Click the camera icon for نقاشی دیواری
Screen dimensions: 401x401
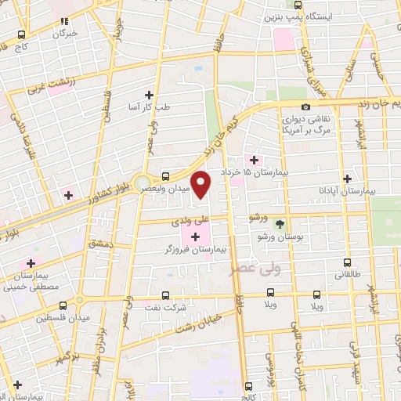click(305, 107)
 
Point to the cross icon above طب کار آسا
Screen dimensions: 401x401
click(149, 95)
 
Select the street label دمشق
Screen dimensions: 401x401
click(100, 244)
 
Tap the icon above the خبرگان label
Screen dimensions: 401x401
click(64, 21)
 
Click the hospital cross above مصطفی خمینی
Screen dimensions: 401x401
click(31, 264)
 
